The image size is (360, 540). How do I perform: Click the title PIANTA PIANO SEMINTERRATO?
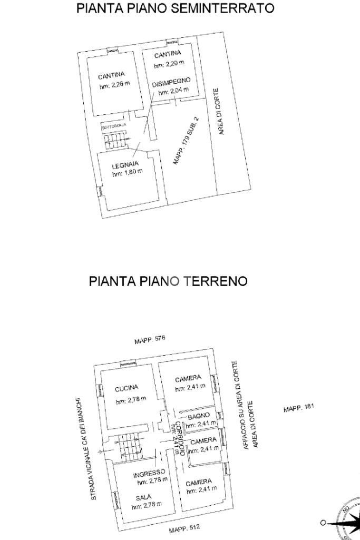pos(176,9)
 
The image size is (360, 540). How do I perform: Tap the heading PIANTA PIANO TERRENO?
pos(168,281)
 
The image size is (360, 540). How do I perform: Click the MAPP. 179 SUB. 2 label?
pos(188,141)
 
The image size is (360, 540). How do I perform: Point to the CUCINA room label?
pos(126,389)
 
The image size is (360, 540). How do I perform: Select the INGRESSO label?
pos(150,473)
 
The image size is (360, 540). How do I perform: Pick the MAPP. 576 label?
pos(150,339)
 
